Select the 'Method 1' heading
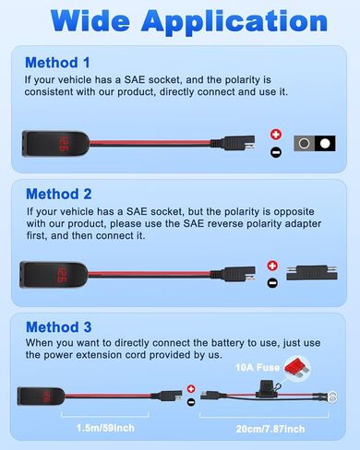[x=57, y=64]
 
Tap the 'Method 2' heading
[x=57, y=195]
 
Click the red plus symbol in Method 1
[x=274, y=134]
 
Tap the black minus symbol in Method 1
[x=274, y=151]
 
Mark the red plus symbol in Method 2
[x=271, y=266]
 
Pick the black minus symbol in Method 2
[x=271, y=282]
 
